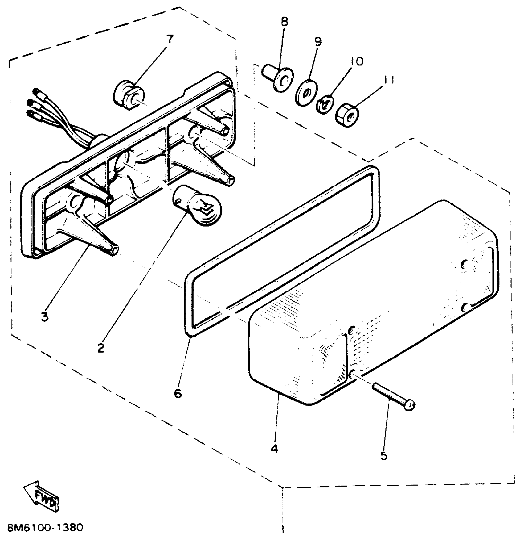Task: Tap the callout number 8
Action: tap(285, 22)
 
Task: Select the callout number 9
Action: tap(318, 41)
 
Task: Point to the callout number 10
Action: tap(357, 61)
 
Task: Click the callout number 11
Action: tap(389, 80)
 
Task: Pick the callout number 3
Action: tap(45, 316)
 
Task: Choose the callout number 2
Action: tap(100, 348)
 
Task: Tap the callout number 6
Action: tap(178, 394)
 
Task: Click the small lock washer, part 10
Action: tap(325, 105)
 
